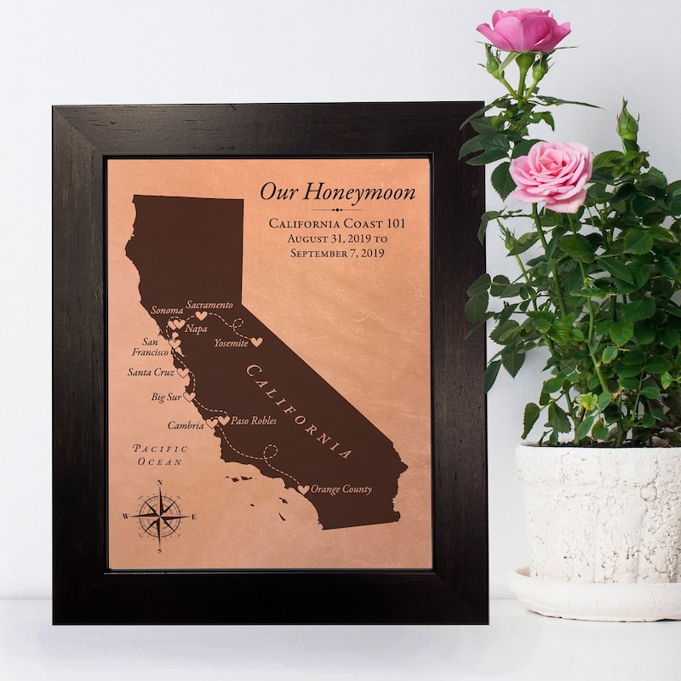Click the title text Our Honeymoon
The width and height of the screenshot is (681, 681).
337,192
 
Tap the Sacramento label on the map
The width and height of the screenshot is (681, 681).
209,305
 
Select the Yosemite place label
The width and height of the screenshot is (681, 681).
231,342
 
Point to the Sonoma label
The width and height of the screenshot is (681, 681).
167,311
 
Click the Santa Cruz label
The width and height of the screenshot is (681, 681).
151,372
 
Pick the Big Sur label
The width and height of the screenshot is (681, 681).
166,397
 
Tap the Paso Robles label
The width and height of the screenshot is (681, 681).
254,421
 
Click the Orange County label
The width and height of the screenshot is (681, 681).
341,489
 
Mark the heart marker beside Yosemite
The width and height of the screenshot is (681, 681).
256,342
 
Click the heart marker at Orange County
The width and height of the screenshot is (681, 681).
302,489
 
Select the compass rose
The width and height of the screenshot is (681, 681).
160,516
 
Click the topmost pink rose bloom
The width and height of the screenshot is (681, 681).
524,31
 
